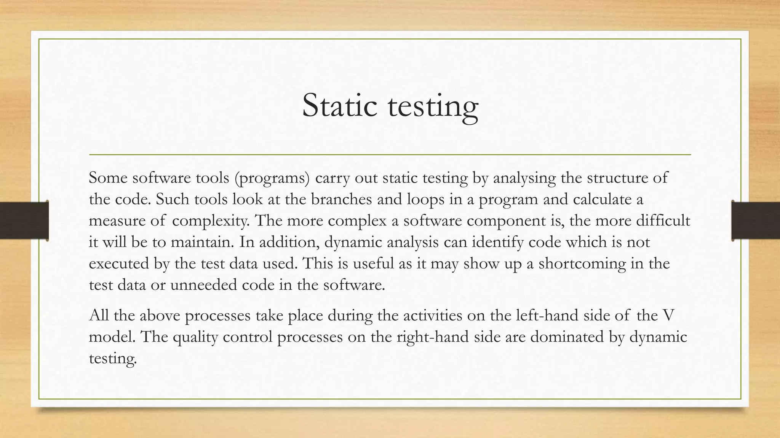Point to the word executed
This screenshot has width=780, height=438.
[119, 263]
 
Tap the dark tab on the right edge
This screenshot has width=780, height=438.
[756, 221]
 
